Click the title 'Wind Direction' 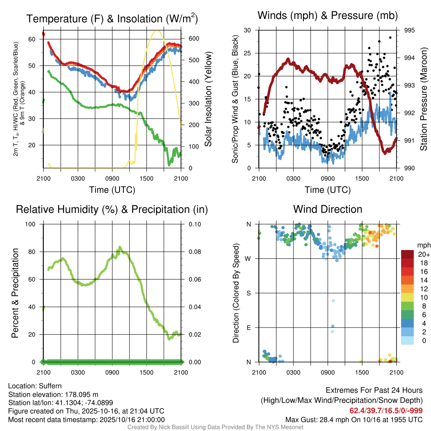point(327,209)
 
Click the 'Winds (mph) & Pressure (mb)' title point(327,16)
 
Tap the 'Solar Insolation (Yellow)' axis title point(208,99)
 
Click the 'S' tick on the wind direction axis point(248,293)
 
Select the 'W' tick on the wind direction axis point(248,258)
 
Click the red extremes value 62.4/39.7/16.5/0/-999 point(386,410)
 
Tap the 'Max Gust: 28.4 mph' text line point(354,419)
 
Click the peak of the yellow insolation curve point(157,31)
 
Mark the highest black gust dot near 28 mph point(390,37)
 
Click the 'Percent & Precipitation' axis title point(15,293)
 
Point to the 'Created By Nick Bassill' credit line point(215,427)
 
